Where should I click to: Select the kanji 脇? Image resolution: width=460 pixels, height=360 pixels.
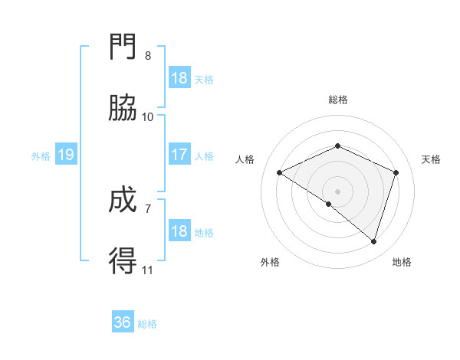pyautogui.click(x=123, y=109)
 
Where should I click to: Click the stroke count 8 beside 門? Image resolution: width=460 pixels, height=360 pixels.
pyautogui.click(x=148, y=55)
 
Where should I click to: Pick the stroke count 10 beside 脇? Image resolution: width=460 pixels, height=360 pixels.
pyautogui.click(x=148, y=116)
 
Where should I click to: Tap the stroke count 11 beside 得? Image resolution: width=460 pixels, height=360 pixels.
pyautogui.click(x=148, y=270)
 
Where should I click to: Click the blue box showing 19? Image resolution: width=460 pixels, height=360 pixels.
pyautogui.click(x=65, y=155)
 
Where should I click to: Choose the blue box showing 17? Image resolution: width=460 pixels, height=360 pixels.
pyautogui.click(x=179, y=155)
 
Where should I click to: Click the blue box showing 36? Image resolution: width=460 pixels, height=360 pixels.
pyautogui.click(x=123, y=322)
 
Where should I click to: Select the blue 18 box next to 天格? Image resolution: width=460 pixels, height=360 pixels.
pyautogui.click(x=179, y=78)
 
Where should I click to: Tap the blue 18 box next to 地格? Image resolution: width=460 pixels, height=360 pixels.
pyautogui.click(x=179, y=231)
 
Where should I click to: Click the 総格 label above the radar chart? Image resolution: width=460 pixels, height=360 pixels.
pyautogui.click(x=338, y=100)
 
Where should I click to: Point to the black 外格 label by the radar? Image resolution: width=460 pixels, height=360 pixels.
pyautogui.click(x=270, y=262)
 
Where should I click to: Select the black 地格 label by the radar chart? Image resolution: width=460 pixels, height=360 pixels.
pyautogui.click(x=402, y=262)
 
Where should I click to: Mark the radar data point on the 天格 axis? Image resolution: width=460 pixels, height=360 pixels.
pyautogui.click(x=396, y=172)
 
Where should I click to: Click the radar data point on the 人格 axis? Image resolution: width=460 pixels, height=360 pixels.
pyautogui.click(x=280, y=172)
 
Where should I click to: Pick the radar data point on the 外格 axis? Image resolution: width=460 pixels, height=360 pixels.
pyautogui.click(x=329, y=204)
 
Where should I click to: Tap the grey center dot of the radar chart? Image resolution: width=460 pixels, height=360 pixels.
pyautogui.click(x=338, y=191)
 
